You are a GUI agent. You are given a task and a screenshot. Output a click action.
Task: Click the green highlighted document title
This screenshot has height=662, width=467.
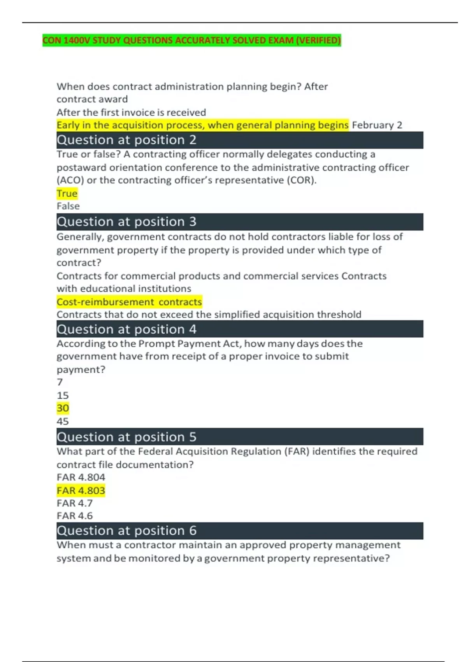coord(191,40)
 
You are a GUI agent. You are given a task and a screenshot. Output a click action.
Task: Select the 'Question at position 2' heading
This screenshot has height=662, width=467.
coord(126,140)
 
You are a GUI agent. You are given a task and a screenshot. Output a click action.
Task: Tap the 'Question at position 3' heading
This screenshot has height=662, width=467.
coord(126,222)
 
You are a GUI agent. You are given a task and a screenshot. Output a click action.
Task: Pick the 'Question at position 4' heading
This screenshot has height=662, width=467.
coord(126,329)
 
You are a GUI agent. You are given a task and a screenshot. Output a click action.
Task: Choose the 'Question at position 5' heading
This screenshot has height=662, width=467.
coord(126,437)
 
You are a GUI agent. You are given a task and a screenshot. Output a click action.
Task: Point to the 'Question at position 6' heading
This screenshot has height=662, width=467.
coord(126,530)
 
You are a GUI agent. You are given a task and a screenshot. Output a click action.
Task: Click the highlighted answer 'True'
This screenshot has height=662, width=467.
coord(67,193)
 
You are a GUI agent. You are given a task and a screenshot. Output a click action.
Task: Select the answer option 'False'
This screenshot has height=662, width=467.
coord(68,206)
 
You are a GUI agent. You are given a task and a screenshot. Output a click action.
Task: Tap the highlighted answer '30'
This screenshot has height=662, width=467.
coord(63,408)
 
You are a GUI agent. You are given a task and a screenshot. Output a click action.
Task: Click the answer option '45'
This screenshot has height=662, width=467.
coord(63,421)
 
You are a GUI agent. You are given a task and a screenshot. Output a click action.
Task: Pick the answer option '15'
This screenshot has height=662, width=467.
coord(63,395)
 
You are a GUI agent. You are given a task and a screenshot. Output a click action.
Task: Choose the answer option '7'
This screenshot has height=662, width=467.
coord(60,382)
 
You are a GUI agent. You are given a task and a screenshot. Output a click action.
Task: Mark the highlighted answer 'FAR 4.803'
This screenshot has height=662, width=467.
coord(81,490)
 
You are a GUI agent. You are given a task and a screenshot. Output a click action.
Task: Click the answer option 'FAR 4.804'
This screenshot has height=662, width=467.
coord(81,477)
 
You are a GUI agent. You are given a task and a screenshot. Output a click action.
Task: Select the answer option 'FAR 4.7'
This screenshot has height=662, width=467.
coord(75,503)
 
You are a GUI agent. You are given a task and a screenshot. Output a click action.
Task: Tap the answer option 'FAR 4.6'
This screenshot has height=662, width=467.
coord(75,516)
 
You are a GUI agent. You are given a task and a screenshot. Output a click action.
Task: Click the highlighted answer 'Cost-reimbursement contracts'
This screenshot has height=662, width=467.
coord(129,302)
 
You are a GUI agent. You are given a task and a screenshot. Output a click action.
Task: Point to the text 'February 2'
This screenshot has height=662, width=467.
coord(377,125)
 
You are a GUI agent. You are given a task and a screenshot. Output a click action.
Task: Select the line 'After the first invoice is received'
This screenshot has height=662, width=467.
coord(131,112)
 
